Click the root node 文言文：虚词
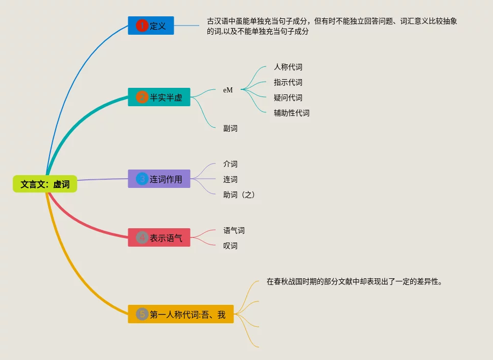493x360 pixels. coord(45,184)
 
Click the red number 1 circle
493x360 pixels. coord(142,26)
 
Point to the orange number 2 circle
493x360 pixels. coord(142,97)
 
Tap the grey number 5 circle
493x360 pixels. coord(142,315)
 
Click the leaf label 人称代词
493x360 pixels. coord(288,67)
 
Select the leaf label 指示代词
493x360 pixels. coord(288,82)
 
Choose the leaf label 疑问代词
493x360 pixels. coord(288,98)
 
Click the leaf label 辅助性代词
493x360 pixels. coord(292,113)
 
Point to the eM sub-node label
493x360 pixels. coord(228,90)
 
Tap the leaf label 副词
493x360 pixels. coord(230,128)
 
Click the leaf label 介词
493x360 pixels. coord(230,164)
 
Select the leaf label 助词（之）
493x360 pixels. coord(239,195)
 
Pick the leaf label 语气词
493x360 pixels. coord(234,230)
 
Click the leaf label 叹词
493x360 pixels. coord(230,246)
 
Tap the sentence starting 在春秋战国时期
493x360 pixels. coord(354,281)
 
